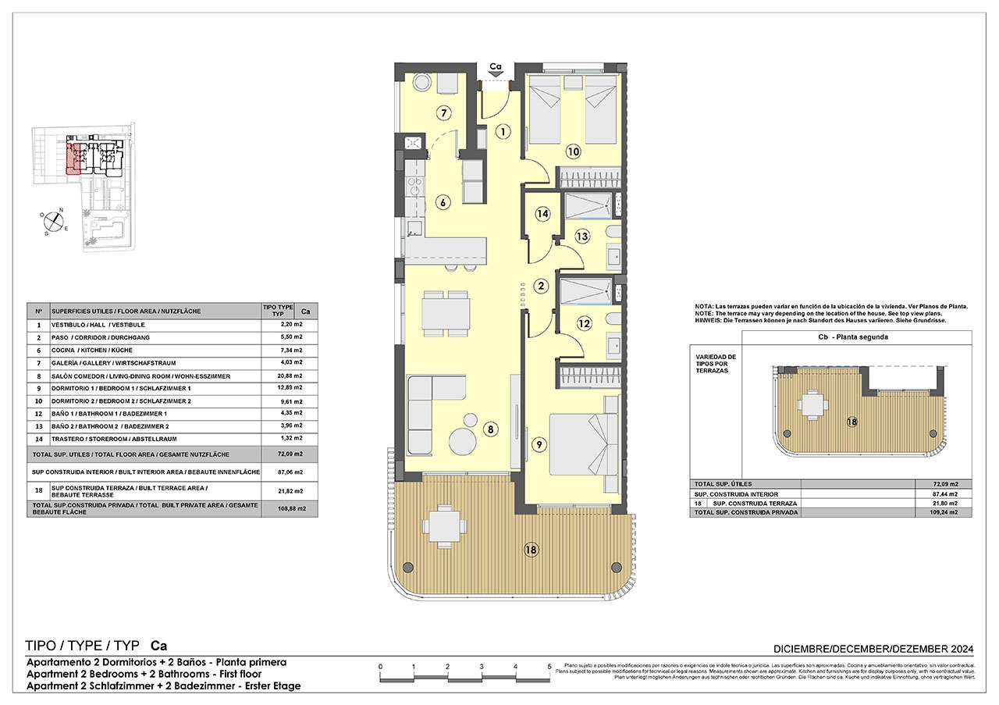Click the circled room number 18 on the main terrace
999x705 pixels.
[531, 550]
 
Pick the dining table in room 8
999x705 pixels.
[445, 311]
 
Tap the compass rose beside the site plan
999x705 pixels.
[53, 222]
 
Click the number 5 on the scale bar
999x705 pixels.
[550, 667]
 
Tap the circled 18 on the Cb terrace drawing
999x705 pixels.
[852, 422]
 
